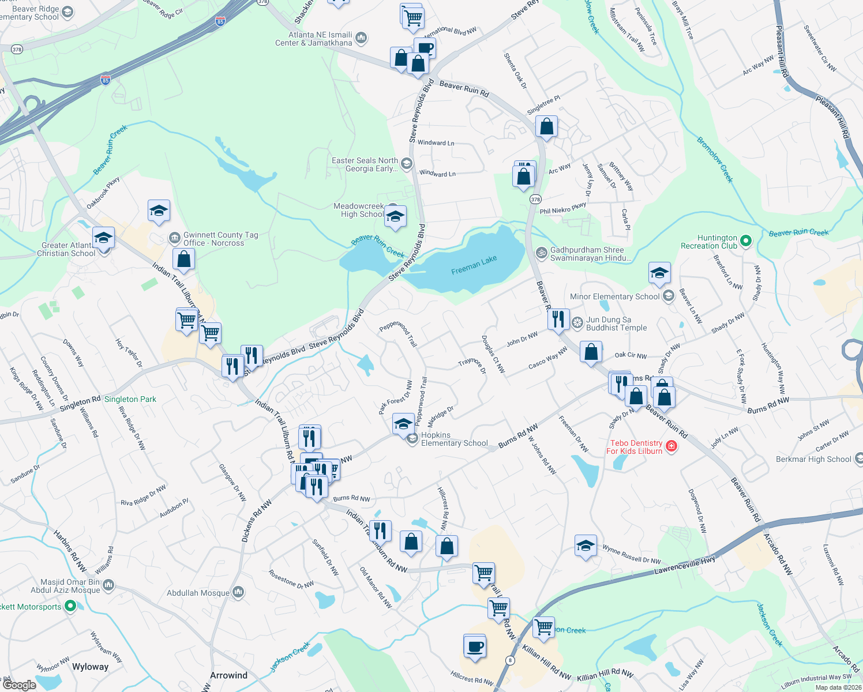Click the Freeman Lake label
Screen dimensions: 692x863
click(x=474, y=264)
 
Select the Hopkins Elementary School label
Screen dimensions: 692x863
click(x=454, y=439)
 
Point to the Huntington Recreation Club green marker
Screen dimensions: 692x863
click(x=745, y=240)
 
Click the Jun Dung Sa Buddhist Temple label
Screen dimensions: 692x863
click(x=616, y=324)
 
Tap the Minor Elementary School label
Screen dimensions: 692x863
click(x=614, y=296)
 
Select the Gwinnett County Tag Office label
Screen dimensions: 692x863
click(x=220, y=239)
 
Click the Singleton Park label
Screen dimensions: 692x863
click(x=130, y=399)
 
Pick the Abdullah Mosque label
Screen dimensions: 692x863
click(x=198, y=593)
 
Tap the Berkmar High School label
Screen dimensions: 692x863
click(x=813, y=459)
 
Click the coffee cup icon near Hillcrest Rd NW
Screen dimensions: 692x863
click(x=475, y=646)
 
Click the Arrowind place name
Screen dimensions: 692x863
click(x=228, y=675)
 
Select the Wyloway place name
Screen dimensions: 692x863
click(x=90, y=667)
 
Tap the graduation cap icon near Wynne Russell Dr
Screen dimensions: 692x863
click(x=585, y=546)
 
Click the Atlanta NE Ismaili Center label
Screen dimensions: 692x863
click(x=321, y=39)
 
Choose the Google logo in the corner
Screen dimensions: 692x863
click(x=19, y=685)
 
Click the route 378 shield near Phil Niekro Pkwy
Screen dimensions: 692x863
click(x=535, y=200)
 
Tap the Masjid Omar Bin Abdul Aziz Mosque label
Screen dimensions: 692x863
click(x=70, y=586)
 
